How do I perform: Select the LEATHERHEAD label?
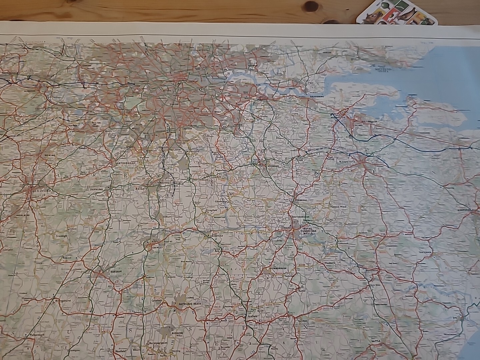point(125,163)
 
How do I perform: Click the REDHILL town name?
point(166,183)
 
